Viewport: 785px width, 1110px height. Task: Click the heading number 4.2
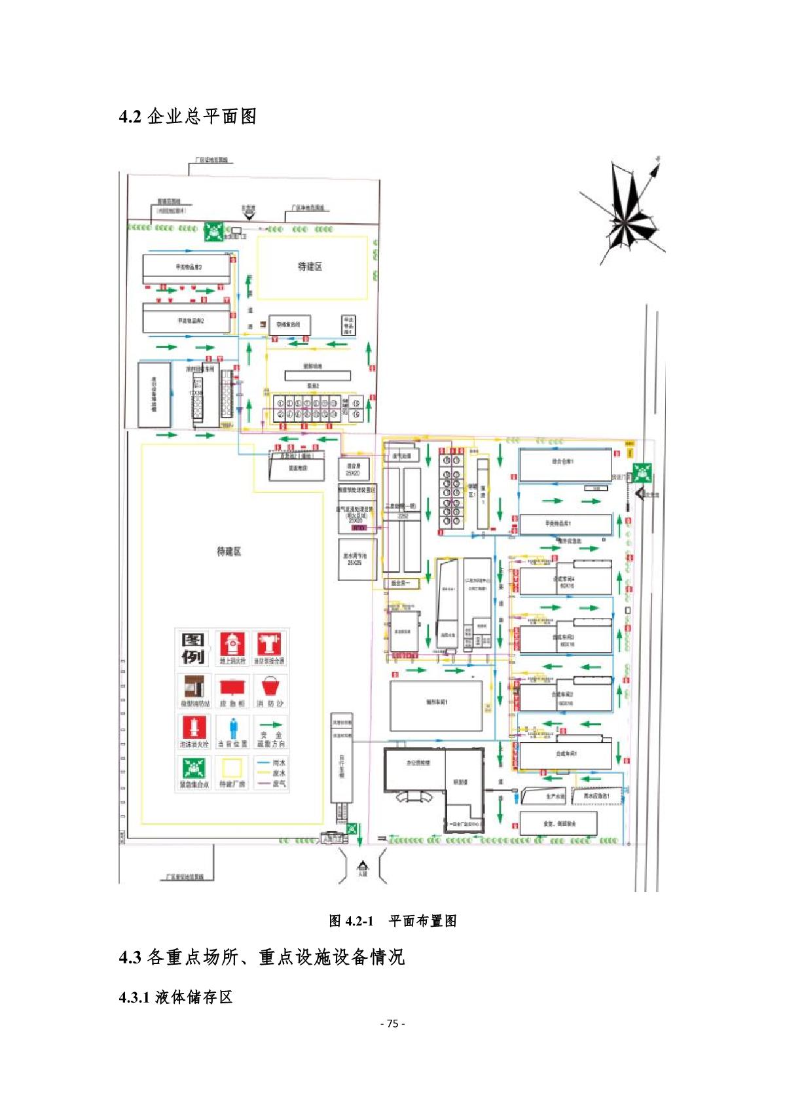point(130,117)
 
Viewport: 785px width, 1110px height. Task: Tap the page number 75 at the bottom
point(392,1024)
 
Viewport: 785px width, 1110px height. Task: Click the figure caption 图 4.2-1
point(351,921)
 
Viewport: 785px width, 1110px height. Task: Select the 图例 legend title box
point(193,648)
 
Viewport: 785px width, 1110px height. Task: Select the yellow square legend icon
point(232,768)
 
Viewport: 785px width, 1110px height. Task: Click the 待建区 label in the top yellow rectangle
point(310,266)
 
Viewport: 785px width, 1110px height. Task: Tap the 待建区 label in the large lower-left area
point(229,552)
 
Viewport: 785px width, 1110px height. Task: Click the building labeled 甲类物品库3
point(187,268)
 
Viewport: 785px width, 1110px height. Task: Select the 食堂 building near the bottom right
point(558,823)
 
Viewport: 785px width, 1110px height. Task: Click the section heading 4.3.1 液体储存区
point(175,997)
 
